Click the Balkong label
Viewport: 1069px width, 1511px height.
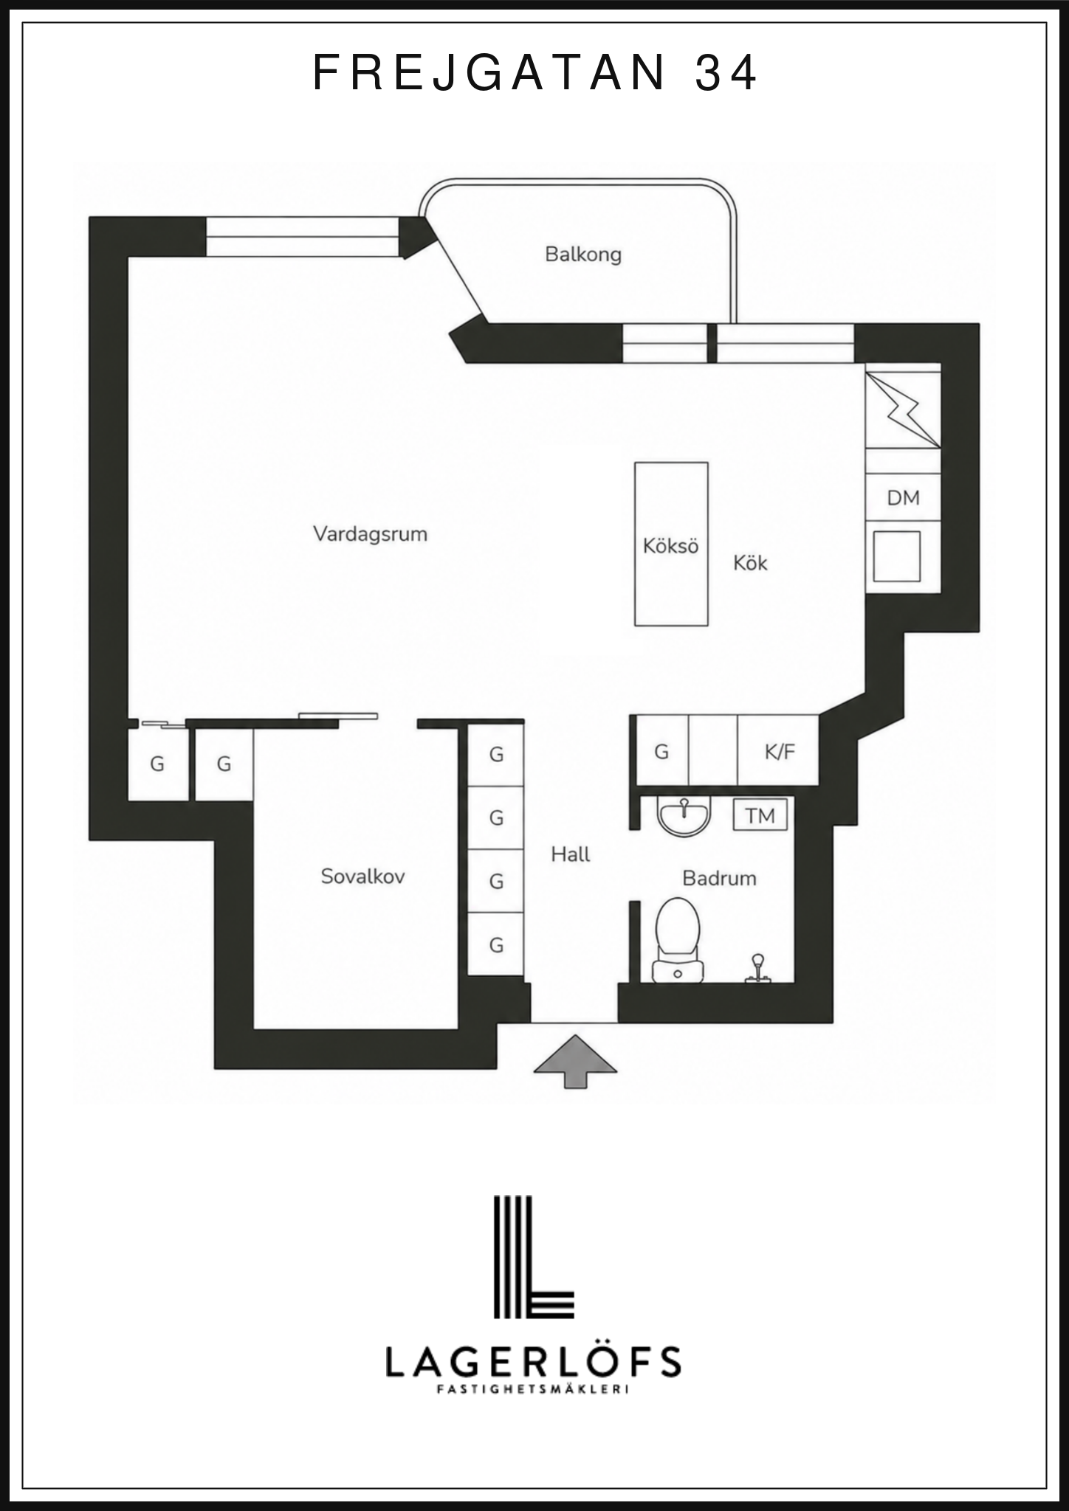tap(583, 255)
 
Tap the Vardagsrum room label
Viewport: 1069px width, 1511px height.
tap(371, 534)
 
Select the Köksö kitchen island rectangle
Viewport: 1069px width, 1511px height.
tap(671, 544)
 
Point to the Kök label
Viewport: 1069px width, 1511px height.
tap(750, 563)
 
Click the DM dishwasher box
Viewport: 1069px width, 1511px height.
tap(903, 498)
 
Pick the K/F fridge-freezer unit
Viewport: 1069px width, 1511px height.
tap(779, 750)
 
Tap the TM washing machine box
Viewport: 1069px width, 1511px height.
tap(760, 815)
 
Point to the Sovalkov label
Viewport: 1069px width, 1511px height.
tap(362, 876)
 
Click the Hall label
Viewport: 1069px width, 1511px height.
tap(571, 854)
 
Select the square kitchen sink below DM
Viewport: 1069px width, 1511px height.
tap(897, 556)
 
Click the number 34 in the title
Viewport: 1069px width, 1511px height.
tap(726, 72)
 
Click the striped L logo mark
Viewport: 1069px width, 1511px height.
tap(534, 1256)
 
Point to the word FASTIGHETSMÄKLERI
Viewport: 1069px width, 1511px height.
tap(533, 1389)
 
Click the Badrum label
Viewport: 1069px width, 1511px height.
tap(719, 878)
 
